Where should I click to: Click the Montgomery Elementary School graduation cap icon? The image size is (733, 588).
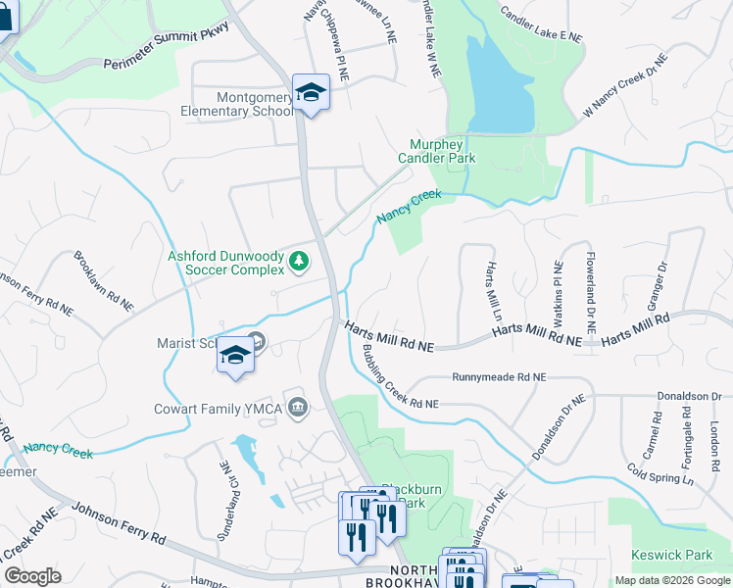coord(311,93)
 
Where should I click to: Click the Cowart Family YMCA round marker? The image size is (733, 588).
coord(298,407)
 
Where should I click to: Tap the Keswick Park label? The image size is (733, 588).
coord(672,555)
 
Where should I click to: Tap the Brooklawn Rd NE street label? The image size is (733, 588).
coord(102,281)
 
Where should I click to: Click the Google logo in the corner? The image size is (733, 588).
coord(32,576)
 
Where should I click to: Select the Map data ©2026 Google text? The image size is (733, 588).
coord(672,580)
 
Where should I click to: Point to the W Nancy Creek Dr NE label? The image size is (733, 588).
coord(625,85)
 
